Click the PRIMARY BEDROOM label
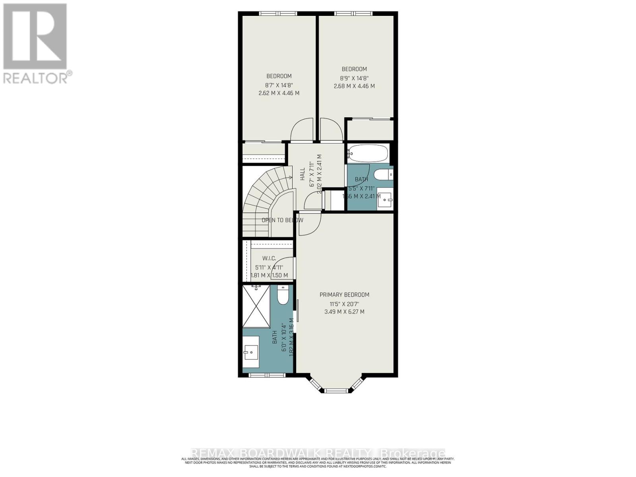pos(344,295)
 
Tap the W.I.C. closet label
pos(269,258)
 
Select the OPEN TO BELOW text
pos(282,220)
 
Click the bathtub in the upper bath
pos(368,153)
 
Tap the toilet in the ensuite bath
pos(283,297)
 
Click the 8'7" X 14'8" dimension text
pos(279,85)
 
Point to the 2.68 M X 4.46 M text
pos(354,86)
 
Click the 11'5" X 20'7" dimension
pos(344,303)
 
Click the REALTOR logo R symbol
pos(35,37)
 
